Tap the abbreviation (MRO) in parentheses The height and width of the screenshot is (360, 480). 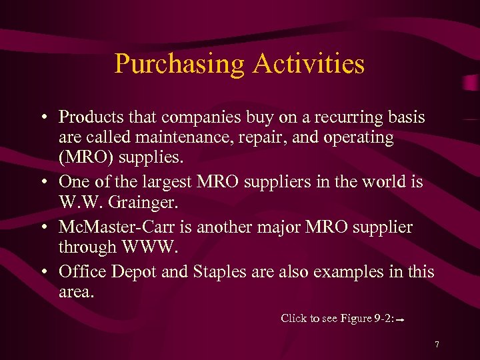(86, 159)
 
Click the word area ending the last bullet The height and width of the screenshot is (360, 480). (75, 292)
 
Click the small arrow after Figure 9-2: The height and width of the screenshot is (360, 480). (401, 320)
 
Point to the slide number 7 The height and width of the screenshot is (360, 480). (437, 345)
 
